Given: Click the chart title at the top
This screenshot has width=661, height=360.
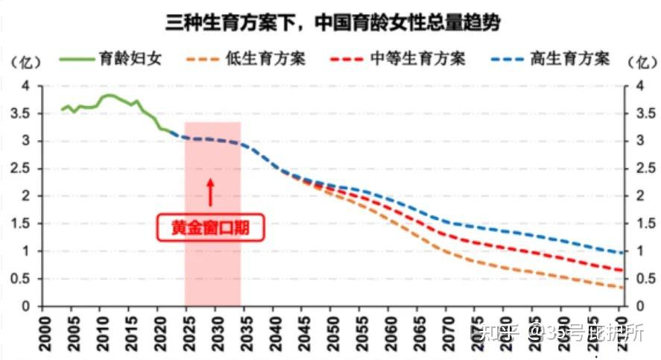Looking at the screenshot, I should (x=332, y=23).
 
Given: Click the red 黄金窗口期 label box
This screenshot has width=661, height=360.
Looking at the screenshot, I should (x=211, y=228).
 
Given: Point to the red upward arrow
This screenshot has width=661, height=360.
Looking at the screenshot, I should (x=211, y=192).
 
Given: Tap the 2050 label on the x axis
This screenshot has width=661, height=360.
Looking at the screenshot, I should (x=332, y=327).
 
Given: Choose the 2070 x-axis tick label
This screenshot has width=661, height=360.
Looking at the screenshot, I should (x=448, y=327).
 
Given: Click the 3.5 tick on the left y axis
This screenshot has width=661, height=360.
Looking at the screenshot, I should (x=25, y=113).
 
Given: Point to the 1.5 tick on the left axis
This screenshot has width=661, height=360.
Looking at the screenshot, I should (x=25, y=224).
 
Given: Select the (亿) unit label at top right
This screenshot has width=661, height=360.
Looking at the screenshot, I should (x=640, y=60).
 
